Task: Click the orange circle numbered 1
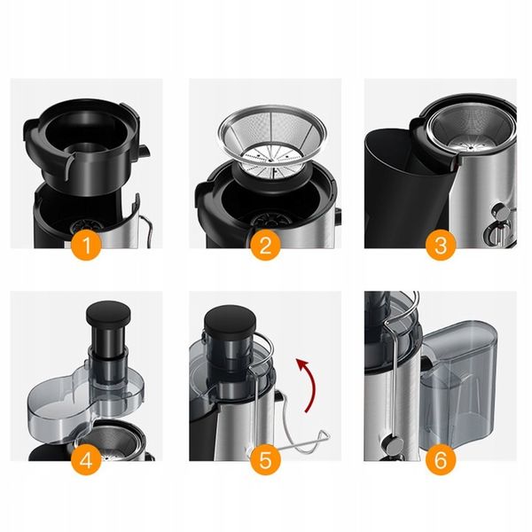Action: pyautogui.click(x=87, y=245)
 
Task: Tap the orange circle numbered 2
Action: pyautogui.click(x=265, y=245)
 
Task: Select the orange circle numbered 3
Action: pyautogui.click(x=441, y=245)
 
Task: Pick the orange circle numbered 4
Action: pyautogui.click(x=86, y=460)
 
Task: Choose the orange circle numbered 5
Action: pyautogui.click(x=265, y=460)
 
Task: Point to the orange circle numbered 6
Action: pyautogui.click(x=441, y=460)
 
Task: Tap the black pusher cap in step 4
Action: pyautogui.click(x=108, y=313)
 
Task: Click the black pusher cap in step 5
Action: pyautogui.click(x=230, y=319)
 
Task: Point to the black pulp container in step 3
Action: pyautogui.click(x=407, y=186)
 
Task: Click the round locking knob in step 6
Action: pyautogui.click(x=393, y=444)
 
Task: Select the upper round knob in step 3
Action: pyautogui.click(x=502, y=212)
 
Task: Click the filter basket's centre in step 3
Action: pyautogui.click(x=471, y=146)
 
